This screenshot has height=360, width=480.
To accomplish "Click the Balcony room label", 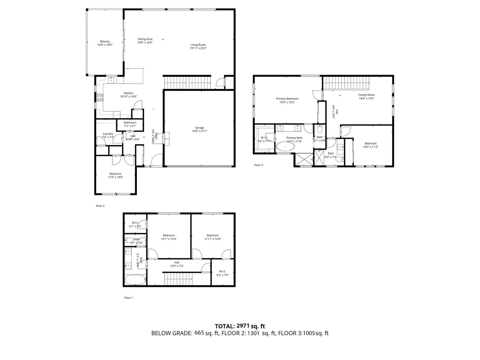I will click(x=105, y=41).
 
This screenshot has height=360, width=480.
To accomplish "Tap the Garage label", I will click(x=199, y=128).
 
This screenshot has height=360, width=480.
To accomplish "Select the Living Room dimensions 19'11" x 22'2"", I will click(x=198, y=48).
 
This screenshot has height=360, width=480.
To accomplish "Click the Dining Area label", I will click(x=145, y=39).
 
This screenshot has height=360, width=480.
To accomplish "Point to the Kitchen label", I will click(x=129, y=93).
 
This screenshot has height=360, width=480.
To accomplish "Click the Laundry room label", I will click(x=108, y=134).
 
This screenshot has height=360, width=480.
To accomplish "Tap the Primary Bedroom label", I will click(x=287, y=99).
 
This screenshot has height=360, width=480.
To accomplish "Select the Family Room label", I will click(x=366, y=95).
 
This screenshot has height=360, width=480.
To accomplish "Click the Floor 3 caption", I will click(x=259, y=165).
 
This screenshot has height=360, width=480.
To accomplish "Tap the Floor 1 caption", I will click(x=129, y=298).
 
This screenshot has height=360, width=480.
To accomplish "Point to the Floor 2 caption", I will click(x=100, y=206).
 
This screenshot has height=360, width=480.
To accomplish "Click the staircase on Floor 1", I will click(x=178, y=279).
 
